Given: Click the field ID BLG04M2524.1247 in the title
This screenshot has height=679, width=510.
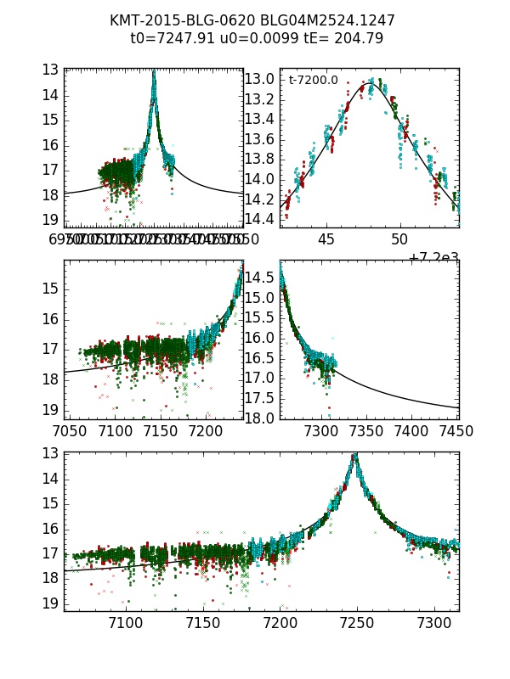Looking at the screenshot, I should [321, 20].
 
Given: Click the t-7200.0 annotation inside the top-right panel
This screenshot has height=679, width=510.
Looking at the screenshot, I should [313, 81].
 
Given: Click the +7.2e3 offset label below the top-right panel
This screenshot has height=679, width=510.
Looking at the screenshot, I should [433, 257].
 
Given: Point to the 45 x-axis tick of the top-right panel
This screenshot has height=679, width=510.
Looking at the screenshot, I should [327, 238].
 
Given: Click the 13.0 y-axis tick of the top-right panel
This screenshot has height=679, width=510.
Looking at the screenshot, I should [259, 80].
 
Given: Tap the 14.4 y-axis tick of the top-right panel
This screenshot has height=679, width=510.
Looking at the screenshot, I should [259, 219].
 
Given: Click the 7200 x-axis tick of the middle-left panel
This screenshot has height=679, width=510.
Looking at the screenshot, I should [208, 430].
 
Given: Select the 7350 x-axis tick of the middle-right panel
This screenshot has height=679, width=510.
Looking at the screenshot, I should [366, 430].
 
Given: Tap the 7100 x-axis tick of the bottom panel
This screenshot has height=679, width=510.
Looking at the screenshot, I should [126, 623].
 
